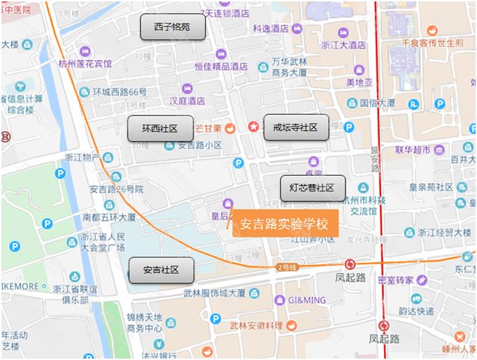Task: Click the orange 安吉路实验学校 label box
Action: coord(285,224)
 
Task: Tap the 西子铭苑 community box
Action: coord(172,27)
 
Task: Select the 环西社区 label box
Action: coord(160,129)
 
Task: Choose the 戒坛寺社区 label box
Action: coord(295,127)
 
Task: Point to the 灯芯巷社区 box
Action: coord(312,188)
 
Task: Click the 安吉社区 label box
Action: coord(161,269)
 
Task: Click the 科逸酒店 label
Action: coord(270,29)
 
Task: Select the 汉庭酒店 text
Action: coord(182,101)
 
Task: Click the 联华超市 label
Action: coord(412,150)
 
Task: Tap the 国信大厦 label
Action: coord(377,103)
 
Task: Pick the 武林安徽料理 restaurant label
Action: coord(256,326)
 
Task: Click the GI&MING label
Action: coord(305,300)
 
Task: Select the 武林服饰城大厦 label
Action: coord(213,292)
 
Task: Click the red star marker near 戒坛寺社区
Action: coord(253,127)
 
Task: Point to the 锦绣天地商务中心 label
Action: coord(144,323)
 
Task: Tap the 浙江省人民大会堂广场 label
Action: coord(102,242)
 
